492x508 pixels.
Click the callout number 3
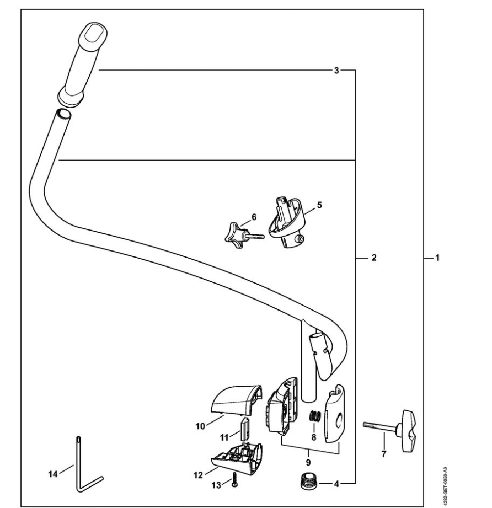(x=336, y=70)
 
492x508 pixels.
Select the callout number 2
(x=374, y=258)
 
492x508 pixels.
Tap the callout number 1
(x=437, y=258)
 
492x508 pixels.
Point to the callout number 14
(x=52, y=474)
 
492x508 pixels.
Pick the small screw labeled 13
(x=235, y=480)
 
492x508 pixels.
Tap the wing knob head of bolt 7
(x=408, y=431)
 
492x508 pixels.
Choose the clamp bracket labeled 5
(x=287, y=222)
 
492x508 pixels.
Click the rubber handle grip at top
(x=83, y=64)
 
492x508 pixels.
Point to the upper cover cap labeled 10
(x=236, y=401)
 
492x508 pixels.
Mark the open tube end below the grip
(x=63, y=114)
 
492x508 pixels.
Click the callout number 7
(x=383, y=454)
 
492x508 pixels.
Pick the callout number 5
(x=319, y=205)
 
